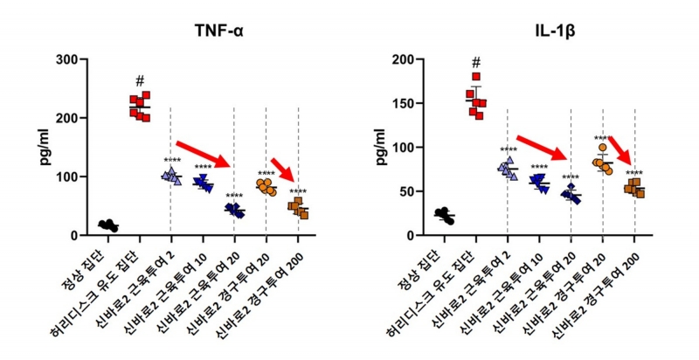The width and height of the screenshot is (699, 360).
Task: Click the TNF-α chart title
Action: click(x=219, y=33)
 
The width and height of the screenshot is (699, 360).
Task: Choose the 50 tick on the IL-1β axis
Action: click(x=403, y=191)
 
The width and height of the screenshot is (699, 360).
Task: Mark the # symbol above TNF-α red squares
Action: click(x=140, y=80)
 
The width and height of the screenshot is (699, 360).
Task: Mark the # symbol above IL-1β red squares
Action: click(x=476, y=63)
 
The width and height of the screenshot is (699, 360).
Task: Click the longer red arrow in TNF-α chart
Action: click(x=203, y=154)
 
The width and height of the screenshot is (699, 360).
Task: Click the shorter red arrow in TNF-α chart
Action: click(x=283, y=170)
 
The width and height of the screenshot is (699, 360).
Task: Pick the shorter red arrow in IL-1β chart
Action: click(x=621, y=150)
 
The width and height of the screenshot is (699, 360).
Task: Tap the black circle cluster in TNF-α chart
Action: click(x=108, y=225)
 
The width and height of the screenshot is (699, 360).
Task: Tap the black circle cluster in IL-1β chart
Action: click(x=445, y=215)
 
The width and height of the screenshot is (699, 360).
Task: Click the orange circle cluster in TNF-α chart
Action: click(x=266, y=187)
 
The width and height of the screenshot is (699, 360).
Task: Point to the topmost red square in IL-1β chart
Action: click(x=476, y=77)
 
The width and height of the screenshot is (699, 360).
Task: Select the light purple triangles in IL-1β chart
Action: click(x=507, y=167)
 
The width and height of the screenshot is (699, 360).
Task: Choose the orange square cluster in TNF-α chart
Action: click(x=298, y=208)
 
